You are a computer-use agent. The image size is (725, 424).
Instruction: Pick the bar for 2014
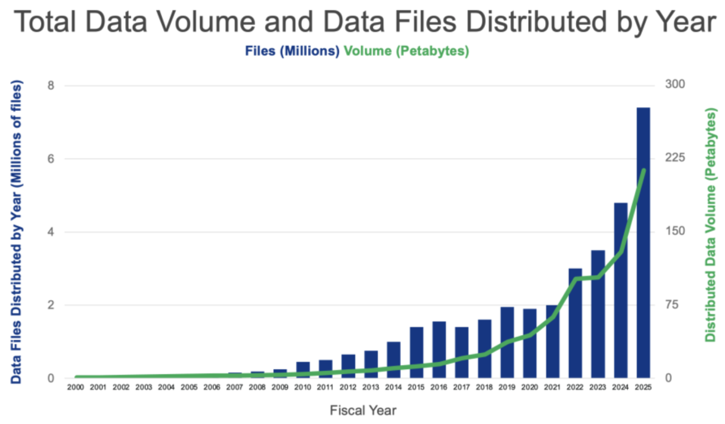click(394, 360)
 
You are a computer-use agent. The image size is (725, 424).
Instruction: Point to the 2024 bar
click(621, 290)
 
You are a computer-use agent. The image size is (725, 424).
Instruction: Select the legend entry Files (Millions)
click(292, 51)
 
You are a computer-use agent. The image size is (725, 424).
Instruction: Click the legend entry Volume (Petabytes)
click(407, 51)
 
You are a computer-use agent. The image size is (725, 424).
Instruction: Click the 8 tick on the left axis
click(51, 85)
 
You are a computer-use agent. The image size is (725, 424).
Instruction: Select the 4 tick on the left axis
click(51, 232)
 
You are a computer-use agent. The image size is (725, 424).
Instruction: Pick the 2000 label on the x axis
click(75, 387)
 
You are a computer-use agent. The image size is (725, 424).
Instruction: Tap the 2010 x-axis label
click(302, 387)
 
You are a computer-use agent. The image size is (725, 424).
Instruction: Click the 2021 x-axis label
click(552, 387)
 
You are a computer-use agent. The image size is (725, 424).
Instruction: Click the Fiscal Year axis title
click(362, 411)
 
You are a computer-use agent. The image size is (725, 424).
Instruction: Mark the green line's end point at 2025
click(644, 170)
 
